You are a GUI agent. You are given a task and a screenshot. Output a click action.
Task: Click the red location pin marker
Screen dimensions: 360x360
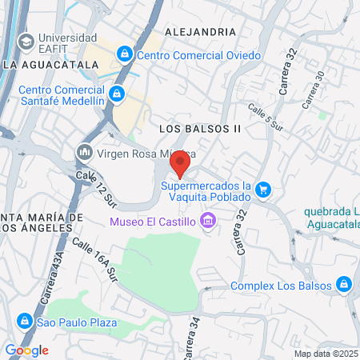coord(180,165)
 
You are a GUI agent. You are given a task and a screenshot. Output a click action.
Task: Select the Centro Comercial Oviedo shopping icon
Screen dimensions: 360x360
coord(124,54)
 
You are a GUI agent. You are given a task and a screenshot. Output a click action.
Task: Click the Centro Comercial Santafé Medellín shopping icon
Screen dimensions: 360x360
coord(117,94)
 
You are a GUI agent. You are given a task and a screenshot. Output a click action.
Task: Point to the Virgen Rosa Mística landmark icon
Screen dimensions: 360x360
coord(84,151)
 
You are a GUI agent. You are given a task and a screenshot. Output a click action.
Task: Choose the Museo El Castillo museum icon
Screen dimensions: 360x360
coord(208,219)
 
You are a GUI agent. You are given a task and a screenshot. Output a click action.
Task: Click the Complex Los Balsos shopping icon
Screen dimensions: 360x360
coord(343,285)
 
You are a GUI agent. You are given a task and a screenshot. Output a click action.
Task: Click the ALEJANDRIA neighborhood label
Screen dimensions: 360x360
coord(200,31)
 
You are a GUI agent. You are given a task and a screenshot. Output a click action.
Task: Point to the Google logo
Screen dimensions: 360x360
coord(26,350)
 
